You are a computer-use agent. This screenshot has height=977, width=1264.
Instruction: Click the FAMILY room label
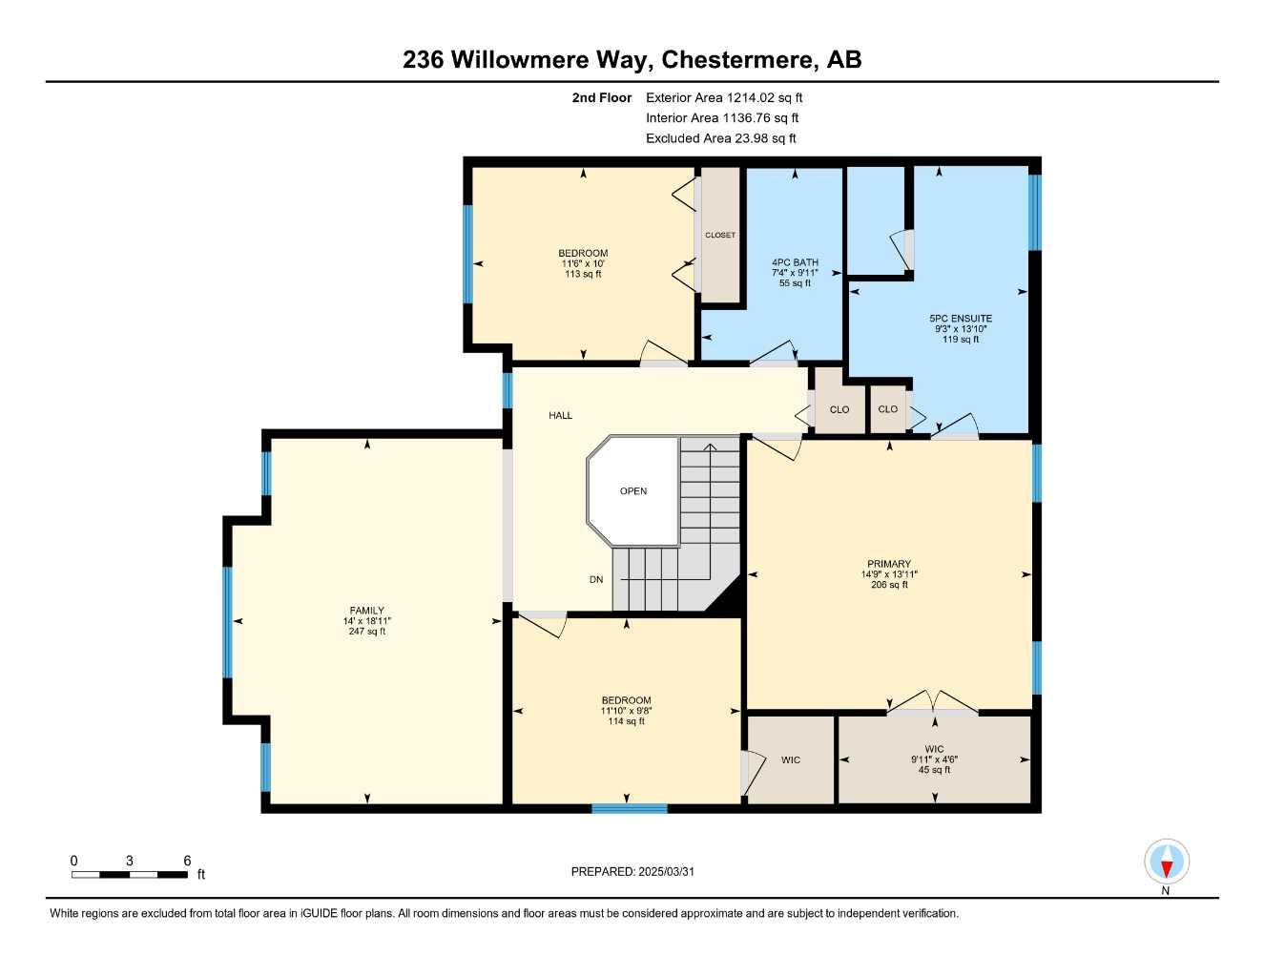pyautogui.click(x=366, y=611)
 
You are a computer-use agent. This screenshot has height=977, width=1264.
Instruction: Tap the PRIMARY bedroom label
pyautogui.click(x=889, y=564)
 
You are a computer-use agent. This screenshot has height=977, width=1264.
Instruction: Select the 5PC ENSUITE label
pyautogui.click(x=961, y=319)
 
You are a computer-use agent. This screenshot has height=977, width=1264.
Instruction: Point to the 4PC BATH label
pyautogui.click(x=795, y=262)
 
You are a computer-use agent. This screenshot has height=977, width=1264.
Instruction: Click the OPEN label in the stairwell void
pyautogui.click(x=633, y=491)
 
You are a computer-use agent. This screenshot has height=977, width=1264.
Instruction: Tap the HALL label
pyautogui.click(x=561, y=415)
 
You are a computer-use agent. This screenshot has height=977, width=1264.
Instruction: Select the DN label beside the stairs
pyautogui.click(x=596, y=579)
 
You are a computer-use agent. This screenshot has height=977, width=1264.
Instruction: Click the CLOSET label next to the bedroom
pyautogui.click(x=720, y=235)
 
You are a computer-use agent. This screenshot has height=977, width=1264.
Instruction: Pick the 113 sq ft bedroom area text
pyautogui.click(x=583, y=275)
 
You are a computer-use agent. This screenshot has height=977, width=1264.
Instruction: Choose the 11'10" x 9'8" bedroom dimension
pyautogui.click(x=627, y=711)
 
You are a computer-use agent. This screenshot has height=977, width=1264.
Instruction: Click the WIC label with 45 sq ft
pyautogui.click(x=934, y=749)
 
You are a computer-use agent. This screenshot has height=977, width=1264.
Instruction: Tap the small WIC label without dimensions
pyautogui.click(x=791, y=759)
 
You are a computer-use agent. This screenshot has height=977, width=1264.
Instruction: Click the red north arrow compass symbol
pyautogui.click(x=1166, y=863)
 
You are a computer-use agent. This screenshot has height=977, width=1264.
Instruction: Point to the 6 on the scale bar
pyautogui.click(x=187, y=861)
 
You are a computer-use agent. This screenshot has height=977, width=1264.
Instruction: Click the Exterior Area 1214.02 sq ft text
pyautogui.click(x=724, y=97)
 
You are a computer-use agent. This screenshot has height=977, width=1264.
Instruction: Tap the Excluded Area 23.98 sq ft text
pyautogui.click(x=720, y=138)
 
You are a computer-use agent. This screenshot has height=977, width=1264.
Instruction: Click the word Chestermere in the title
pyautogui.click(x=739, y=59)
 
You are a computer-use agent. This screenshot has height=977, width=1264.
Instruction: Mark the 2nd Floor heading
pyautogui.click(x=601, y=97)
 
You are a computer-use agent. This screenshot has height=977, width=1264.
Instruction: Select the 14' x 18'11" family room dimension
pyautogui.click(x=366, y=621)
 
